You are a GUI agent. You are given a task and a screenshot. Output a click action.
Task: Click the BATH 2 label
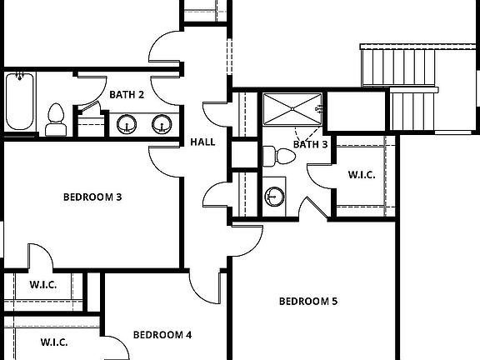[127, 95]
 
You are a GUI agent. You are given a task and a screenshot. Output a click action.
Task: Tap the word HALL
[202, 142]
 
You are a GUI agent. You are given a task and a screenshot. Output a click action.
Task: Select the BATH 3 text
[311, 144]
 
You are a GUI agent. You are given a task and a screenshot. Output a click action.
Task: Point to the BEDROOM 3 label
[92, 197]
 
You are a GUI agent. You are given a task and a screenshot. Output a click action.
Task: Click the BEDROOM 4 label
[162, 335]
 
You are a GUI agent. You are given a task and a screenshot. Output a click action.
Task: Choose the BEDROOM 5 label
[307, 301]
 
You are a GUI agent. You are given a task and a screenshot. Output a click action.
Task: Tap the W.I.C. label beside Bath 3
[361, 175]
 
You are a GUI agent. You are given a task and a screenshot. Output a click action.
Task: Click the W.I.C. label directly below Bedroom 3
[43, 284]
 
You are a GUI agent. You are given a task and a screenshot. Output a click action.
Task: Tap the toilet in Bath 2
[56, 118]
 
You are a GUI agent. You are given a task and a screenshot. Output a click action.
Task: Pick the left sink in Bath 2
[127, 125]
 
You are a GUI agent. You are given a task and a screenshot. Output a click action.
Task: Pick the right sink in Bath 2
[162, 125]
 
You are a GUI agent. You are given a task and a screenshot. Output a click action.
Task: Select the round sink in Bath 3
[274, 197]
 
